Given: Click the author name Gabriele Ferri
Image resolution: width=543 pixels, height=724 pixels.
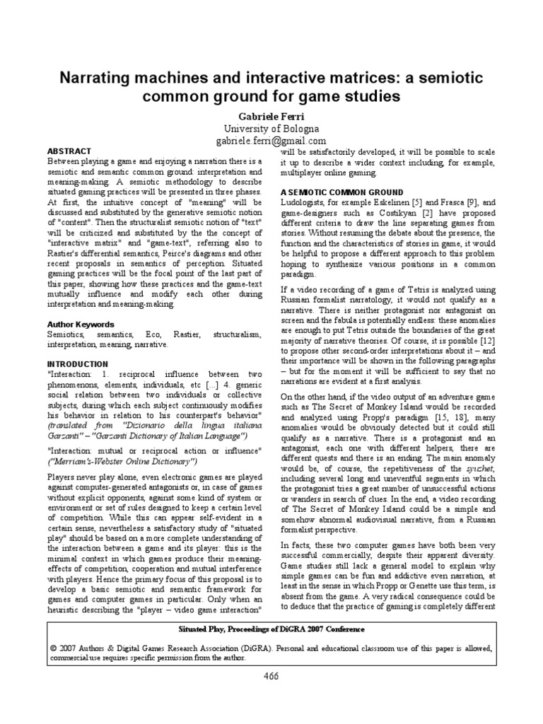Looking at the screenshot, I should click(x=271, y=115).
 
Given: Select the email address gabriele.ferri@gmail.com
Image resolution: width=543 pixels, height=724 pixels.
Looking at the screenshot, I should click(x=271, y=141).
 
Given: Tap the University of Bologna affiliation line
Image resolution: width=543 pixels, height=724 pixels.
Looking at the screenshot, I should click(x=271, y=129).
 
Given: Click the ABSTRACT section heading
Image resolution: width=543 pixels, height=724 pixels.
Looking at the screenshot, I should click(x=69, y=151).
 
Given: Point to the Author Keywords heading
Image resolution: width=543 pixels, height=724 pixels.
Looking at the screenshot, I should click(x=79, y=324).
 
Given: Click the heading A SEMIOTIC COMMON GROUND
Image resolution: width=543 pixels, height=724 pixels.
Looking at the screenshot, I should click(x=342, y=192).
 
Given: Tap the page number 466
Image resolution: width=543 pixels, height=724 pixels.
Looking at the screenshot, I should click(x=271, y=676).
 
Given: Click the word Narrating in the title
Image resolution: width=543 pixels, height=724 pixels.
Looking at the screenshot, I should click(x=102, y=74).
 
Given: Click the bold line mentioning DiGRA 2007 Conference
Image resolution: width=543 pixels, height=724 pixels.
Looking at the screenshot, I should click(x=271, y=629).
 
